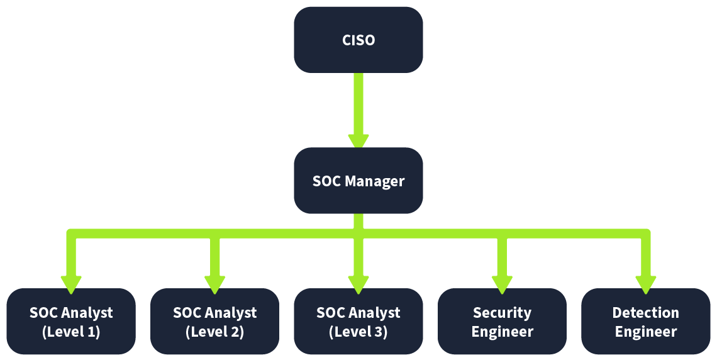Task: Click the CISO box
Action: point(358,40)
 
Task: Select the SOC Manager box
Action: point(358,181)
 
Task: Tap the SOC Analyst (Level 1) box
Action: point(71,322)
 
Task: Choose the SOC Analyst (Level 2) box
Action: point(214,322)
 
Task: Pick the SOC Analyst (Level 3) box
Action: point(358,322)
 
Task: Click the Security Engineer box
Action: point(502,322)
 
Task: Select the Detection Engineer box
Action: point(645,322)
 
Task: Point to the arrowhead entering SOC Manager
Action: point(358,141)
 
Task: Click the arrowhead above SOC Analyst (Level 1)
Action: point(71,284)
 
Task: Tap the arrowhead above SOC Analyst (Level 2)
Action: point(214,284)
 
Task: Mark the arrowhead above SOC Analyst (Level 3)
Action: point(358,284)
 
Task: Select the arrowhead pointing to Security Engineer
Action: point(502,284)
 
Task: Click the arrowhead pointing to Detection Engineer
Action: point(645,284)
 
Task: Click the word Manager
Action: point(375,182)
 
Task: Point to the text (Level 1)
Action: point(71,332)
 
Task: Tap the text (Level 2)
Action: point(214,332)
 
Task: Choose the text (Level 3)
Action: point(358,332)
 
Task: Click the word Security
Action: point(502,313)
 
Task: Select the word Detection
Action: point(645,313)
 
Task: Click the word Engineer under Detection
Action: point(645,332)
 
